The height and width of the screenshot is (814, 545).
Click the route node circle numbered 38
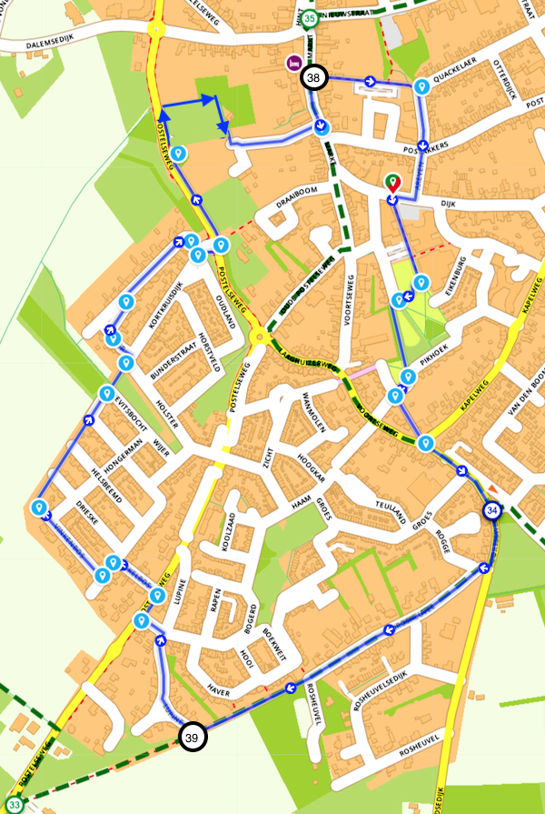pos(313,79)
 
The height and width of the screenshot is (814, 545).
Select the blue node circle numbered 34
pos(492,511)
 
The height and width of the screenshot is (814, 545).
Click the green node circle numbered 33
pos(14,803)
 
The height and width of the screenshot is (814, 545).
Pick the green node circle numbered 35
pos(312,18)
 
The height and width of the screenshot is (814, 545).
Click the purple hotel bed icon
pos(293,63)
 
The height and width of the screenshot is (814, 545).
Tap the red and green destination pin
pos(392,183)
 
